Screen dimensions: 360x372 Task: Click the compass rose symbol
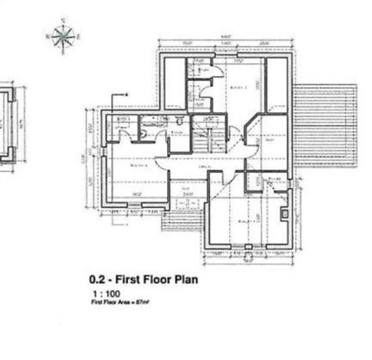click(x=63, y=34)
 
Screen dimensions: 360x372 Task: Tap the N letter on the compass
click(x=63, y=19)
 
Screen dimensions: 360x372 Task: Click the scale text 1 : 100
click(x=106, y=294)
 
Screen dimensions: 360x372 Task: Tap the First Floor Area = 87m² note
click(x=119, y=303)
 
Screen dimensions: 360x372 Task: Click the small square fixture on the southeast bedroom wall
click(x=285, y=213)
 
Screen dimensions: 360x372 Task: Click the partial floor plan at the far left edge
click(x=7, y=126)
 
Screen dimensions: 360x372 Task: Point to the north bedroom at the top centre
click(x=237, y=86)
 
